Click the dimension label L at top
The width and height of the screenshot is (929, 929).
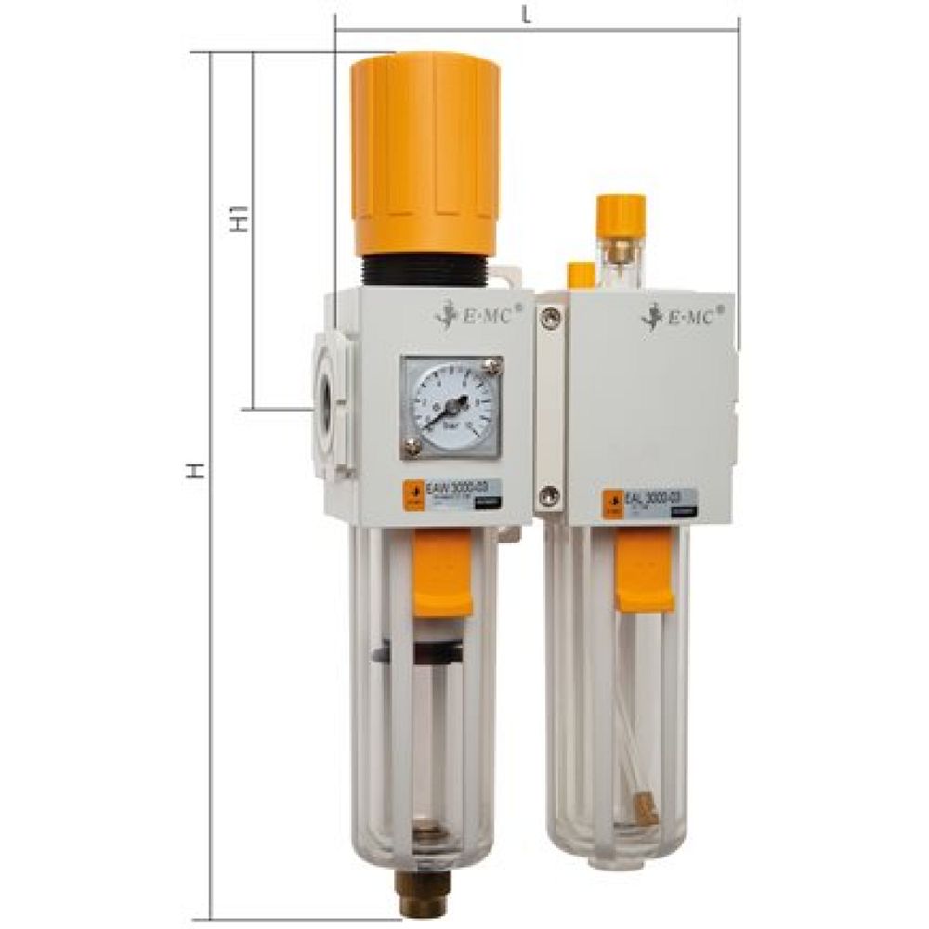tap(527, 14)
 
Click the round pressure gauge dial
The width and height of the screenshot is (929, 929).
tap(451, 407)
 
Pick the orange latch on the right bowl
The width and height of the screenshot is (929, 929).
tap(644, 577)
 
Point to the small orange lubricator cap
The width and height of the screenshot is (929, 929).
tap(621, 211)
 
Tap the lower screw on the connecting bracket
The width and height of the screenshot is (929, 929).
tap(550, 497)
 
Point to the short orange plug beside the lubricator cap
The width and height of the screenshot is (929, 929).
tap(581, 274)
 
